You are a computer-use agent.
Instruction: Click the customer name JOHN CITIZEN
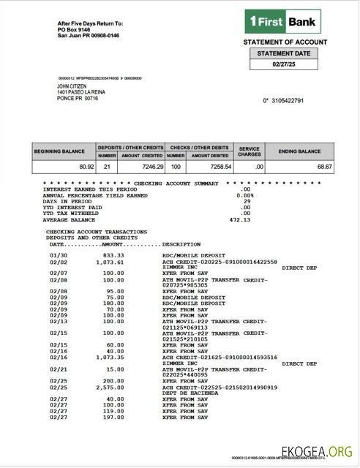(72, 86)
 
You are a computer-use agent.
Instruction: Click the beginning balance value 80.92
(85, 167)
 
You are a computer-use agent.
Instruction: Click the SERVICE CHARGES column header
(249, 151)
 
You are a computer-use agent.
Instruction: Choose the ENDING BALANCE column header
(299, 151)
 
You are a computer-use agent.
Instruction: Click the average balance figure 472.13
(240, 219)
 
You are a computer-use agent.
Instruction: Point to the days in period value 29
(247, 201)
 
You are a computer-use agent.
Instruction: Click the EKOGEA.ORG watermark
(318, 450)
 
